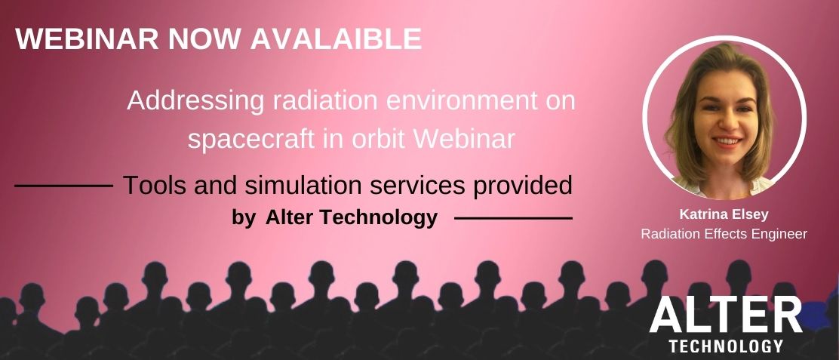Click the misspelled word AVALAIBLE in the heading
click(x=337, y=38)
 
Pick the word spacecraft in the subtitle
click(x=251, y=140)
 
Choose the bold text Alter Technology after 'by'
click(x=352, y=217)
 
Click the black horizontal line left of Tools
click(x=63, y=186)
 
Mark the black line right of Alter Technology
click(x=512, y=218)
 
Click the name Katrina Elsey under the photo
click(x=724, y=215)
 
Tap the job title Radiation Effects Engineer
click(x=724, y=234)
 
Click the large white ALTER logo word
click(x=726, y=315)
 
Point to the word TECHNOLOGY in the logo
click(x=726, y=346)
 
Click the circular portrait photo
click(x=724, y=118)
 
